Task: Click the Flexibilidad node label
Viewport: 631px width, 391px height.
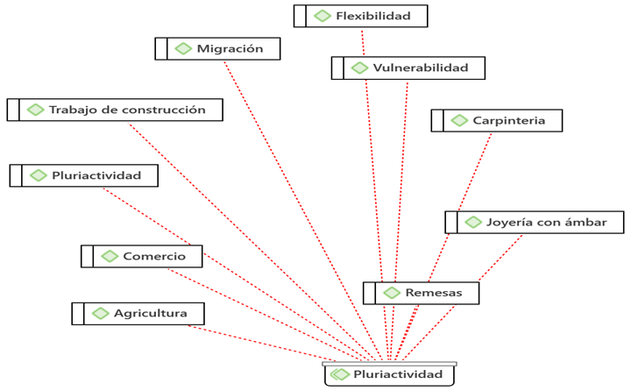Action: coord(372,16)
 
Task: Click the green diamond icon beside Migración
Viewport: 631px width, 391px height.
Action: coord(183,49)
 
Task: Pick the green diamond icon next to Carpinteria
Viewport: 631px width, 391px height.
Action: coord(459,120)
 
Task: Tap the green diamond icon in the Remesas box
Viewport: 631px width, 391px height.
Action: coord(392,292)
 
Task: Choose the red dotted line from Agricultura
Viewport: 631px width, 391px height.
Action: coord(263,342)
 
